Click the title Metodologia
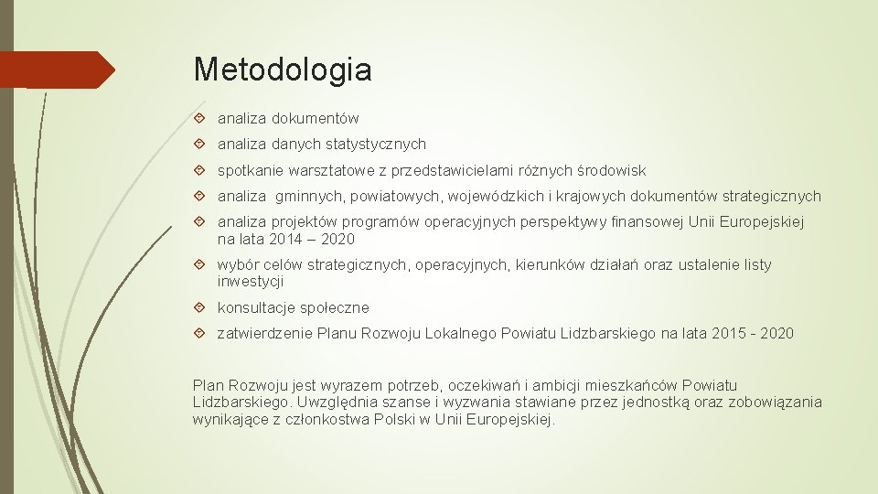pyautogui.click(x=283, y=70)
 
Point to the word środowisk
pyautogui.click(x=613, y=171)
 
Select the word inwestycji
pyautogui.click(x=250, y=282)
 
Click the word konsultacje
pyautogui.click(x=257, y=308)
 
